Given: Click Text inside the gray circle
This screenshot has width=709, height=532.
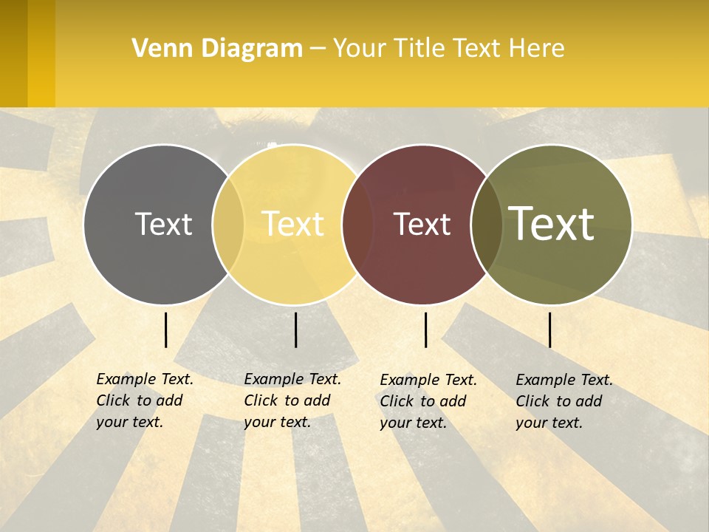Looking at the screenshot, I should [x=163, y=224].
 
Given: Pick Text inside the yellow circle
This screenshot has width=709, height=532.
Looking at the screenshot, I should [x=293, y=224].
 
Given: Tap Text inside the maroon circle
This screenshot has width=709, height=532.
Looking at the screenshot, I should [x=422, y=224].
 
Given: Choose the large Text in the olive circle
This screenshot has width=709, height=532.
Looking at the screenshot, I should [x=552, y=224].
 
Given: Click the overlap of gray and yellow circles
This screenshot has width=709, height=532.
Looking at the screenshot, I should [x=228, y=224].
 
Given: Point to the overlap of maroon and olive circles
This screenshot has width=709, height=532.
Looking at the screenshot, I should [x=487, y=224].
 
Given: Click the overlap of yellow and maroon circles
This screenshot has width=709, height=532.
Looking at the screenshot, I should [x=357, y=224].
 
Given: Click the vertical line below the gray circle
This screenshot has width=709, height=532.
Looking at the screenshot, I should [x=165, y=330].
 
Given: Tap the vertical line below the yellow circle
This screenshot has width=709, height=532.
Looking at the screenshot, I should [x=295, y=330].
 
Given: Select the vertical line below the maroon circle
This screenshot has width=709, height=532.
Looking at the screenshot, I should [x=425, y=330].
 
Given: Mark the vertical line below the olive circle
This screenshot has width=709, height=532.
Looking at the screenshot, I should [x=549, y=330].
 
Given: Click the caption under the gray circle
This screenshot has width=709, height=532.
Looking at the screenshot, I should [x=145, y=400].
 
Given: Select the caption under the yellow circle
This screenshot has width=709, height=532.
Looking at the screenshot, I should [x=292, y=400].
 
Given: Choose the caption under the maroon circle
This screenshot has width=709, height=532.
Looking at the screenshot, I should [x=428, y=401].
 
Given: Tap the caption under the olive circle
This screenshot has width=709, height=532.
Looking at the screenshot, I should [x=564, y=401].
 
